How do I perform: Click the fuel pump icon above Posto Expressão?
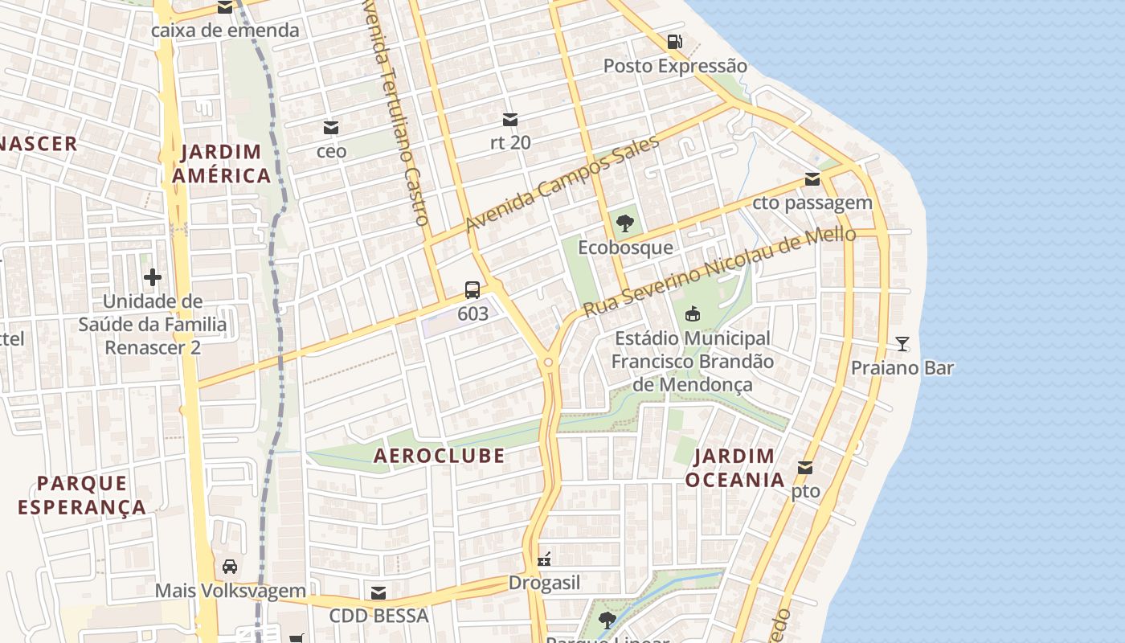(675, 42)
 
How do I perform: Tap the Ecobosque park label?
(625, 247)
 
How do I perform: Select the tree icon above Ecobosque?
(625, 223)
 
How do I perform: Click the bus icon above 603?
(472, 290)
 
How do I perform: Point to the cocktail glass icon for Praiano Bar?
(902, 344)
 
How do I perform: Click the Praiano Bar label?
(902, 368)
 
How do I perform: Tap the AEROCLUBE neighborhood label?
(439, 456)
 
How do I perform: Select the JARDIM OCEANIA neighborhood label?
(734, 468)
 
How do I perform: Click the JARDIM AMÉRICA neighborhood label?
(225, 164)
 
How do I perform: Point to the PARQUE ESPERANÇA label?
(82, 495)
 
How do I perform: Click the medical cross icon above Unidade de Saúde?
(153, 278)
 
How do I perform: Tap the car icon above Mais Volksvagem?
(230, 567)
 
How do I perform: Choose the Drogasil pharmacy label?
(544, 583)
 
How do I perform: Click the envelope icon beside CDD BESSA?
(378, 593)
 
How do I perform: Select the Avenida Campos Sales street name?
(562, 184)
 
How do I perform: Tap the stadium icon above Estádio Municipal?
(692, 313)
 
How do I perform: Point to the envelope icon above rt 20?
(510, 120)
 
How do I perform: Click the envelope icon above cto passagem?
(812, 179)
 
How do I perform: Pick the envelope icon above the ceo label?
(331, 127)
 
